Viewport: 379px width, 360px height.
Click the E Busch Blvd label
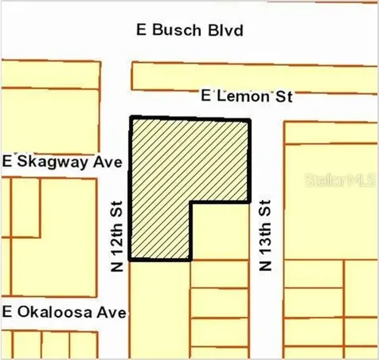coord(190,31)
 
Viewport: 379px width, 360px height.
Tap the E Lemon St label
coord(248,96)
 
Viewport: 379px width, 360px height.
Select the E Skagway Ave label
coord(61,162)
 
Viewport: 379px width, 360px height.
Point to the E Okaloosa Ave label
coord(64,312)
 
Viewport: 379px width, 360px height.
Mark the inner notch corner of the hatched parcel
coord(191,202)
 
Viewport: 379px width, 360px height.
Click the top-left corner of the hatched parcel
coord(131,117)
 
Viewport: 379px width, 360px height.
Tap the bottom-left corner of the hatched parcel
coord(131,260)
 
